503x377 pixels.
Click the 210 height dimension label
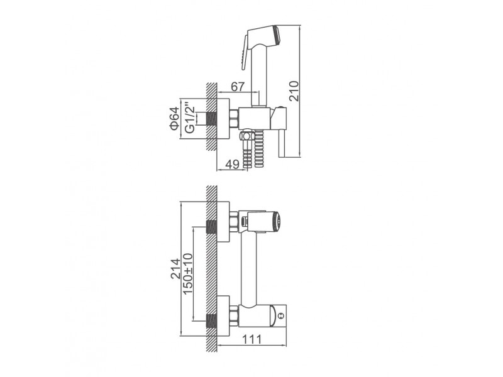(294, 91)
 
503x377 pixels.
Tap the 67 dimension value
(238, 87)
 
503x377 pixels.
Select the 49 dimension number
(232, 164)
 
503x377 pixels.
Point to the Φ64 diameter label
(174, 118)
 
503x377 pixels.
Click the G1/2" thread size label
(190, 118)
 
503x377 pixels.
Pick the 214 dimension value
(175, 269)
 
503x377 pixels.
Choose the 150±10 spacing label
(187, 274)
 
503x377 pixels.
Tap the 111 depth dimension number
(252, 339)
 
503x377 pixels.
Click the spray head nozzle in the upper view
(277, 34)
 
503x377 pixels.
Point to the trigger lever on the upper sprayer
(244, 52)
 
